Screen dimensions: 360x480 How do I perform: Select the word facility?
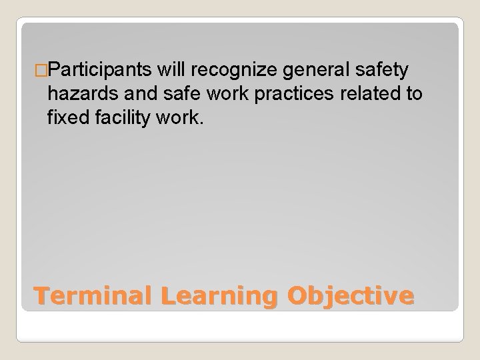(123, 119)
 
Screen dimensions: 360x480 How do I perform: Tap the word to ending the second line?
(413, 94)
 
